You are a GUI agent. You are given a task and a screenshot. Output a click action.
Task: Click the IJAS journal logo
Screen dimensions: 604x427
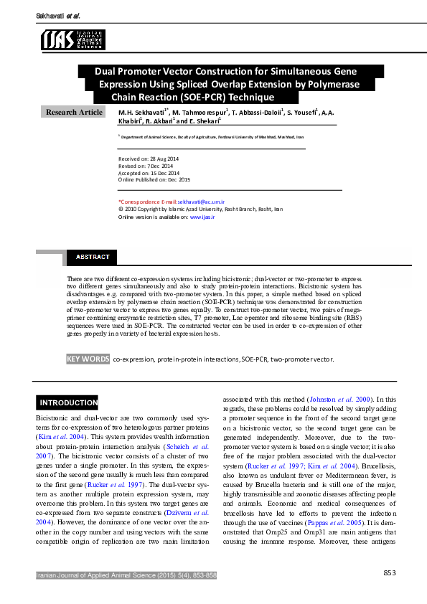pyautogui.click(x=73, y=39)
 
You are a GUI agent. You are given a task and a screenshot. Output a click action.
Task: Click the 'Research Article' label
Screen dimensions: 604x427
pyautogui.click(x=75, y=112)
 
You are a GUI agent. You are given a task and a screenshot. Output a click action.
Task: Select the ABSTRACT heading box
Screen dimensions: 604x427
pyautogui.click(x=93, y=257)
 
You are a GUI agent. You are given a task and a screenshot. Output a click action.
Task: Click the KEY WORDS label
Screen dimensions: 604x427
pyautogui.click(x=88, y=359)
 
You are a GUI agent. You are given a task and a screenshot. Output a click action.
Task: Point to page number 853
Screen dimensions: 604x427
pyautogui.click(x=390, y=572)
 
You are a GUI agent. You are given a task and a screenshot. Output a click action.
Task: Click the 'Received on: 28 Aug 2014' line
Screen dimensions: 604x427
pyautogui.click(x=149, y=158)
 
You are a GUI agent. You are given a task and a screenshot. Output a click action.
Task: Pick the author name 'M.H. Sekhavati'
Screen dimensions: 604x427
pyautogui.click(x=142, y=113)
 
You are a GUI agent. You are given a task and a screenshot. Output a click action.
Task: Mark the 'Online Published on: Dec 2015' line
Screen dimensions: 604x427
pyautogui.click(x=154, y=179)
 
